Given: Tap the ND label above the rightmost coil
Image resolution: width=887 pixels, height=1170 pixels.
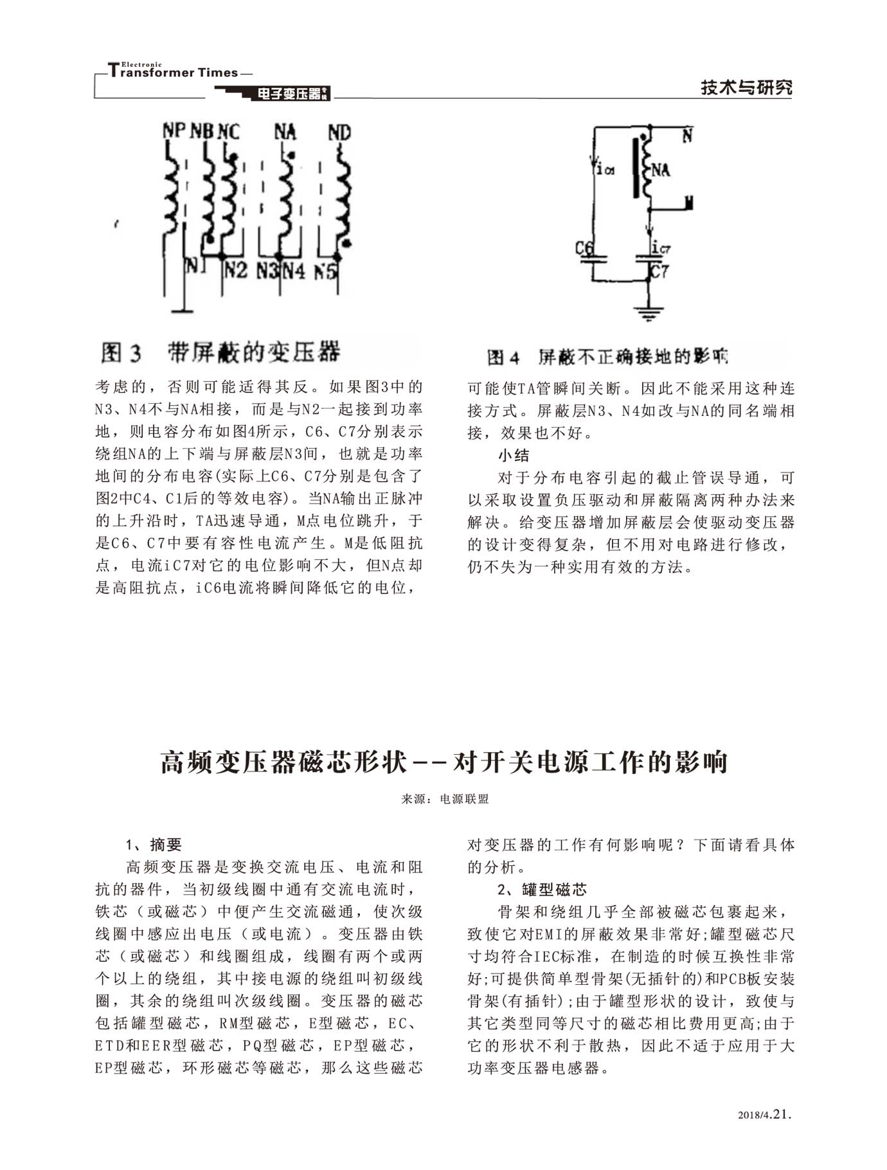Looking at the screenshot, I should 339,132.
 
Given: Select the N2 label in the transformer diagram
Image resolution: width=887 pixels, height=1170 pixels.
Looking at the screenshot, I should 235,270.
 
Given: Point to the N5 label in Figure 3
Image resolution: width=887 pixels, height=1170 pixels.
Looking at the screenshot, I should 325,272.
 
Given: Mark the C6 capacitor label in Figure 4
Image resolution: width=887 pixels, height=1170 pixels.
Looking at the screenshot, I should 584,248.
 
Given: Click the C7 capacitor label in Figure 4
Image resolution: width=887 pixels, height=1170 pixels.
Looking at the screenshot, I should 659,271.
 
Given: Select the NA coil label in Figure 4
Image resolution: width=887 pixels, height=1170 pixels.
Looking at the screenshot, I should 661,170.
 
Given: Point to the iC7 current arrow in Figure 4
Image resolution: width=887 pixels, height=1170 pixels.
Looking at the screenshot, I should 651,231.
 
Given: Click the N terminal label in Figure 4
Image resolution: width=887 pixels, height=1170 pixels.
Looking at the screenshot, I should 687,136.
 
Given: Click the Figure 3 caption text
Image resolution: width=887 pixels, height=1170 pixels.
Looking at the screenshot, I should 220,352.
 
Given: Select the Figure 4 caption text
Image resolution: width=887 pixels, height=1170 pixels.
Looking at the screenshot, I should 607,357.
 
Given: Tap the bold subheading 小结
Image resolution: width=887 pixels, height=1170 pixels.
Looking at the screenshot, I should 514,455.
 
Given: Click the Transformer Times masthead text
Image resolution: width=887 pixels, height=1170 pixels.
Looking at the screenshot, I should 174,72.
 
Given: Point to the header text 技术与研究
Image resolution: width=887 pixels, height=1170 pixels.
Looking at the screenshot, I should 746,88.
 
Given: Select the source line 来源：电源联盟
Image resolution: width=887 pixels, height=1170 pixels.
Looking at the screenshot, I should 445,799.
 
